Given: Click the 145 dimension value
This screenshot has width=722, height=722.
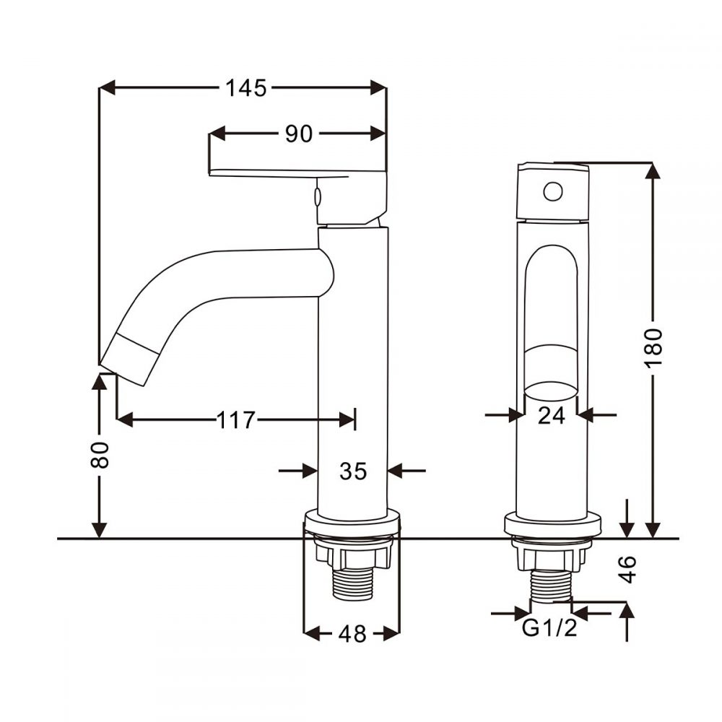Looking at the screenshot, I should (245, 88).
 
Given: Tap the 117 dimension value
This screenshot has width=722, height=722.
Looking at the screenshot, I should (236, 419).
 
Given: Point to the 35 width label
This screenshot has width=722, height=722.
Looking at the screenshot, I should (353, 471).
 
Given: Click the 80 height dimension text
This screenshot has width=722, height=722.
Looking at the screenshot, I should (101, 455).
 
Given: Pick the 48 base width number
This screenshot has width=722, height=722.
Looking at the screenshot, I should (352, 634).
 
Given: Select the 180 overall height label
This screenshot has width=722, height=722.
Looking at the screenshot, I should (653, 348).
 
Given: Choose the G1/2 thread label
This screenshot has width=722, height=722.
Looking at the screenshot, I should (550, 629).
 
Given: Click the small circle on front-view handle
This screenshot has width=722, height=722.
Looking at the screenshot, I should (552, 191).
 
